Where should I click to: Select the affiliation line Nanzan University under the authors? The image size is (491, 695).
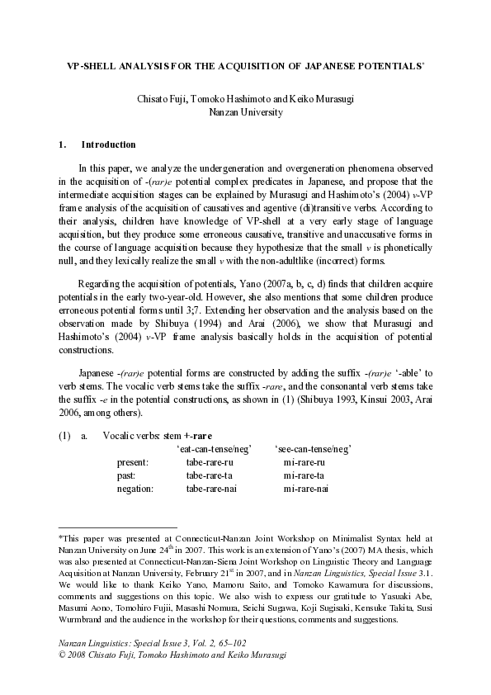(x=245, y=111)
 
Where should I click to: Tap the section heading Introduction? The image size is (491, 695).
(x=108, y=144)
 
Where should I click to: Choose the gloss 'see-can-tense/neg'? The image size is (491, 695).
(x=313, y=448)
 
